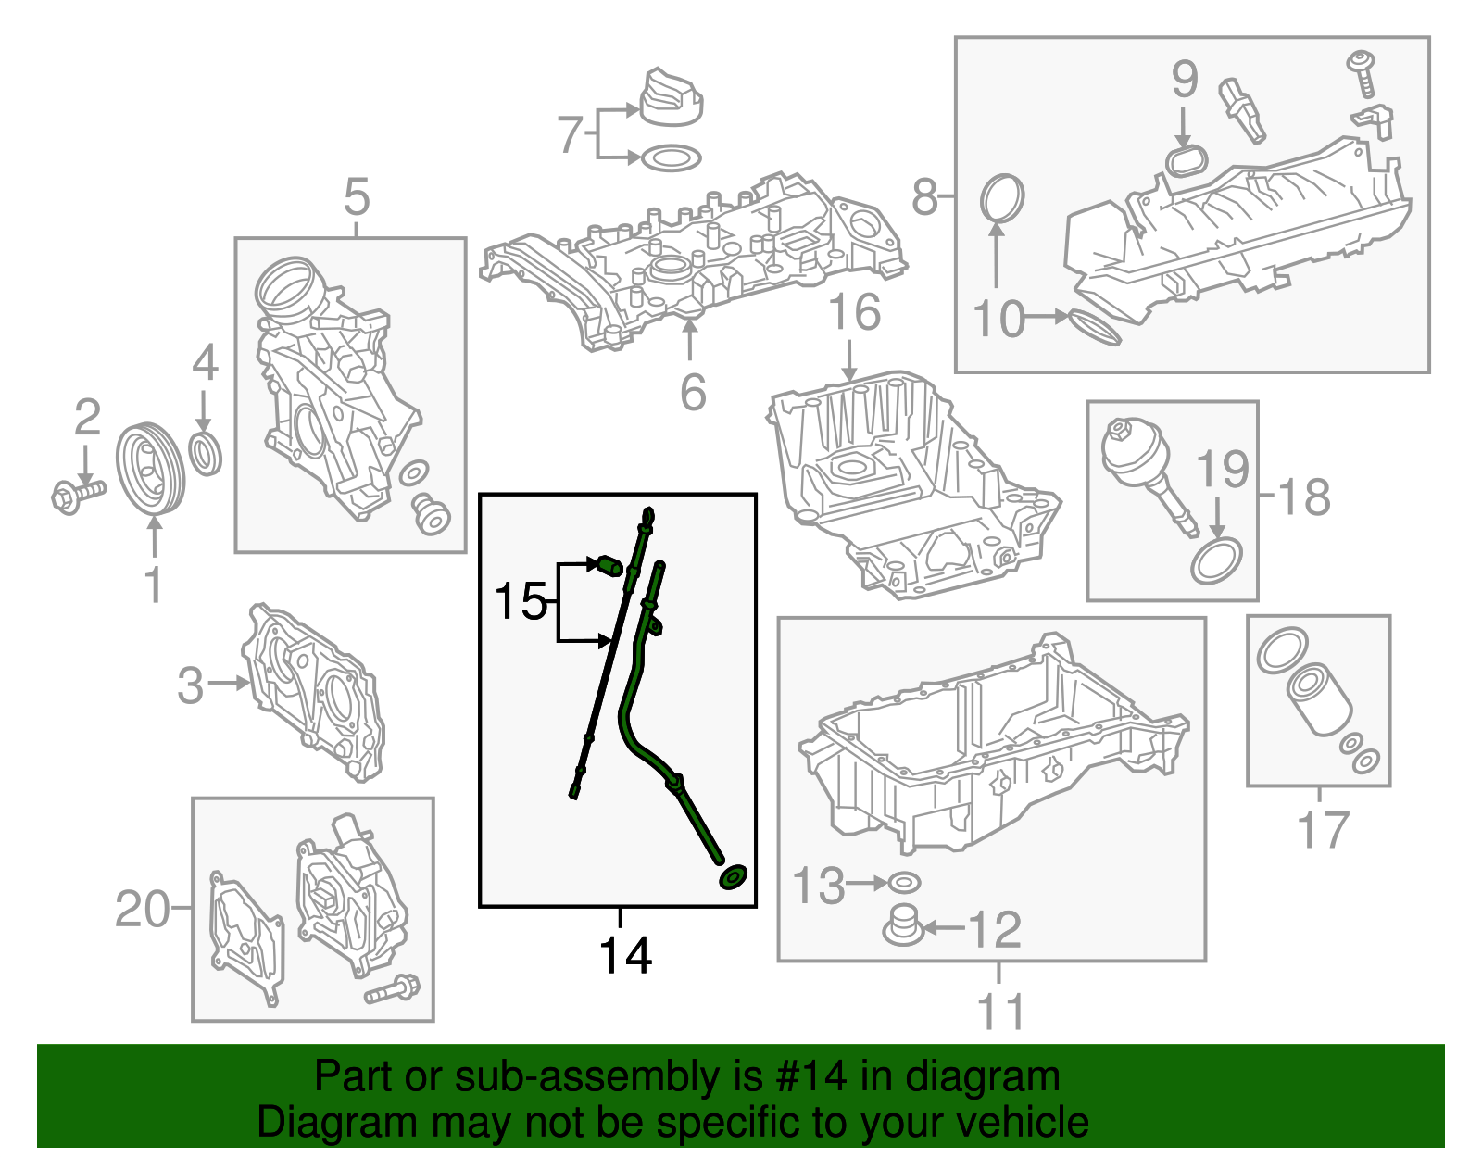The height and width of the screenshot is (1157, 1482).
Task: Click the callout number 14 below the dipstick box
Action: coord(625,955)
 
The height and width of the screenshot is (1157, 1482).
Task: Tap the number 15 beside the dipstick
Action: coord(521,602)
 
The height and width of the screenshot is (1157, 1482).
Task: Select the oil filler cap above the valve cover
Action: coord(671,97)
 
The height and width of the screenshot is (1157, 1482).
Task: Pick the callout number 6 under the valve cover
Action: coord(693,393)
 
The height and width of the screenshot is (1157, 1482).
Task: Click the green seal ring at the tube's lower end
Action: coord(734,877)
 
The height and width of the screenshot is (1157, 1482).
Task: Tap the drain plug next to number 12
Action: coord(903,926)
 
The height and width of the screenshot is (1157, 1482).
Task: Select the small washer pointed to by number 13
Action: coord(904,883)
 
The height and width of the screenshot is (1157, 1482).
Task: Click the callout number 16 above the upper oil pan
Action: coord(855,312)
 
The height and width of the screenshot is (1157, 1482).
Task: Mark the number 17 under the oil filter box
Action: coord(1323,830)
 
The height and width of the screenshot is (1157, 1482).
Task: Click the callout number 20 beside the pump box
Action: coord(142,909)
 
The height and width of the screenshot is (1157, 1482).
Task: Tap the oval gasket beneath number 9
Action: coord(1186,161)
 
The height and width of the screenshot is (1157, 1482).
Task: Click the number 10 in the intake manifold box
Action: coord(998,319)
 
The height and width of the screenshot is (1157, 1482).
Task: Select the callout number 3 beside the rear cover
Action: coord(190,685)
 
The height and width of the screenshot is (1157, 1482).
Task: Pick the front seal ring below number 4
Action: coord(206,453)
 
